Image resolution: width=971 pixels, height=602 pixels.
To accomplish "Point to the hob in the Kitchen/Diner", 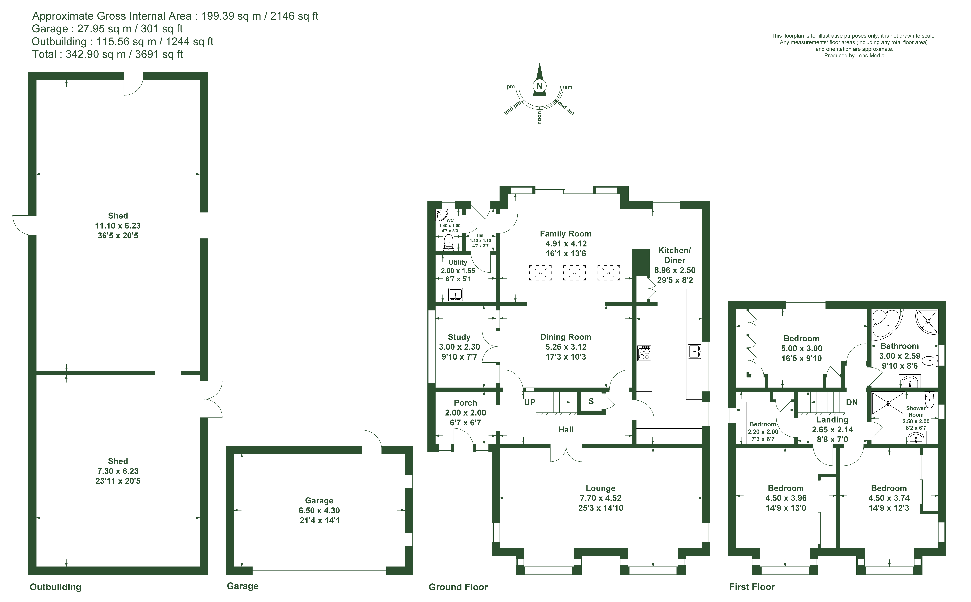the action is tap(644, 353).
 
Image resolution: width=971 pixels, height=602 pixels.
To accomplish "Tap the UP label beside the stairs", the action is tap(530, 402).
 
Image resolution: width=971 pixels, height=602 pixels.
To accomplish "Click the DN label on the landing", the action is tap(852, 402).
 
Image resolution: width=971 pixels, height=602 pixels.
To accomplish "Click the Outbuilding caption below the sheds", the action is tap(55, 587).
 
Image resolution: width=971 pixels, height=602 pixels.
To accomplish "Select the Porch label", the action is tap(465, 403).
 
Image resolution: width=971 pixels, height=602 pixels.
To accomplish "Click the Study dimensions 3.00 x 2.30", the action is tap(459, 347).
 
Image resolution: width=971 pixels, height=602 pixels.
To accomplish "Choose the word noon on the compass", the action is tap(540, 118).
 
